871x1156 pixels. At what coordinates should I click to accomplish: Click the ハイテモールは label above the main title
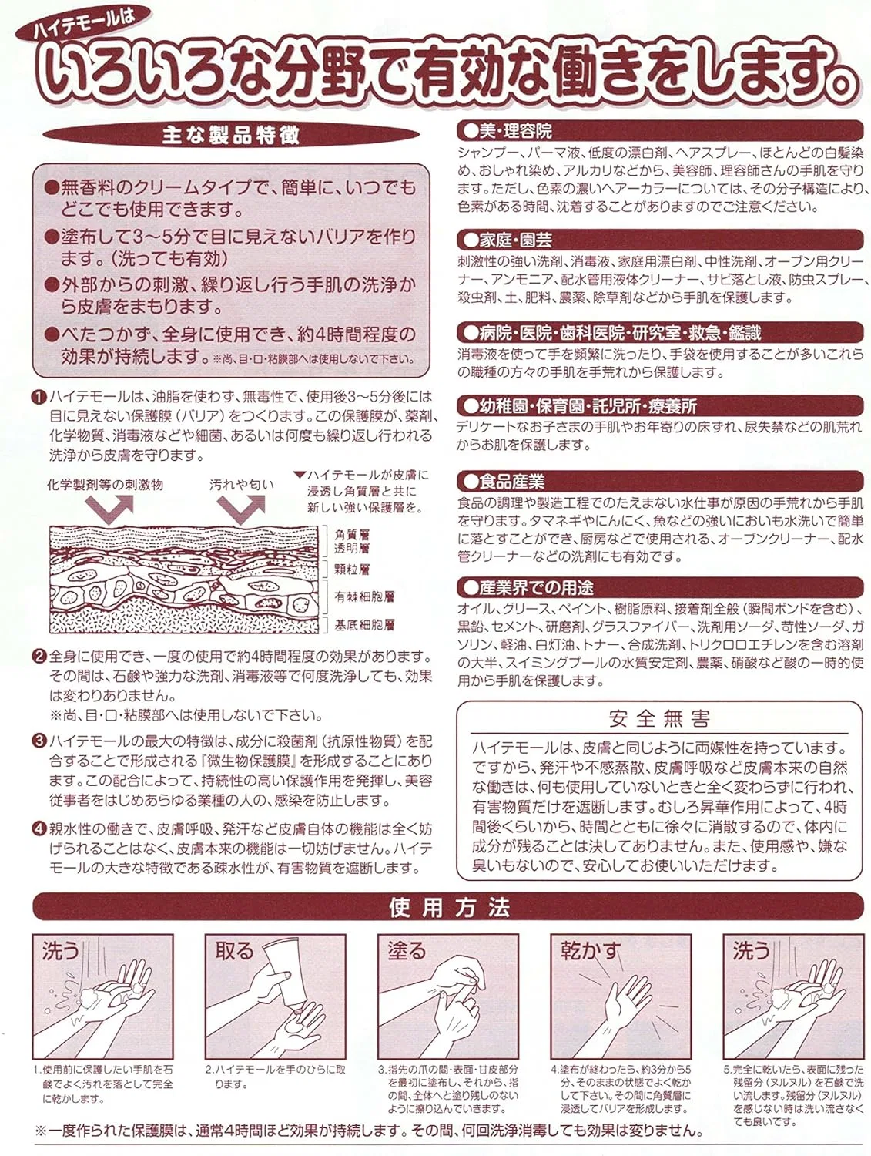point(83,24)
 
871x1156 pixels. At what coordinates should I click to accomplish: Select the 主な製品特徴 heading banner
point(230,135)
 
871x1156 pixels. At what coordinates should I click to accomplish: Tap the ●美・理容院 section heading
point(505,130)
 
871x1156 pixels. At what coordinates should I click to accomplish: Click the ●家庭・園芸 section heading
point(505,240)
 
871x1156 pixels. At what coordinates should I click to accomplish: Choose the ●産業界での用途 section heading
point(528,587)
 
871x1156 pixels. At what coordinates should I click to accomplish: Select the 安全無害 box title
point(659,718)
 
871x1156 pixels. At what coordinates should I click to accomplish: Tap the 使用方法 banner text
point(450,907)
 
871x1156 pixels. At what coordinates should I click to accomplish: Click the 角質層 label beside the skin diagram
point(352,535)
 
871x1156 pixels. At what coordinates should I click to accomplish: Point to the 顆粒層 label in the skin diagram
point(352,570)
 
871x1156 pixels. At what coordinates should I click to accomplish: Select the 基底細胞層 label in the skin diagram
point(364,625)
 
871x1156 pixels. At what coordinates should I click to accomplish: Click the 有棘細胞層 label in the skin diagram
point(364,596)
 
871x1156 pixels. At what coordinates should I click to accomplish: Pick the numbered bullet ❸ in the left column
point(39,741)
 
